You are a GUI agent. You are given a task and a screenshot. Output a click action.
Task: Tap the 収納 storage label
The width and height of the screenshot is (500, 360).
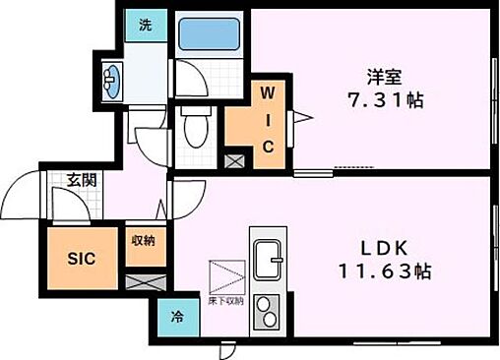(x=144, y=240)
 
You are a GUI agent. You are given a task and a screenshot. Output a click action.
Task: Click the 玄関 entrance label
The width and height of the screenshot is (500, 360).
(x=81, y=179)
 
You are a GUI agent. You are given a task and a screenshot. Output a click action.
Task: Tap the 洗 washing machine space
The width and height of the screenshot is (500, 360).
(x=144, y=27)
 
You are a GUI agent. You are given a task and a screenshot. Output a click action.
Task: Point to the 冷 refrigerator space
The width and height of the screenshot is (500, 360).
(x=178, y=318)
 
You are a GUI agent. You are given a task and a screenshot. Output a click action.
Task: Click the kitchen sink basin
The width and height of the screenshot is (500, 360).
(x=268, y=262)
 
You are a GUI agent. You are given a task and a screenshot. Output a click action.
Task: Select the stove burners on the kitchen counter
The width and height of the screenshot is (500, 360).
(x=268, y=312)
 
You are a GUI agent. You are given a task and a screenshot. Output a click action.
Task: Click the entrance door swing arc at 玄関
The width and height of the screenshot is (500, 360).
(x=67, y=205)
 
